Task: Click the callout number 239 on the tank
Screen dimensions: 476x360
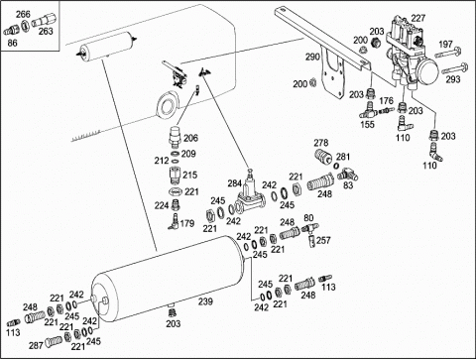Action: tap(205, 301)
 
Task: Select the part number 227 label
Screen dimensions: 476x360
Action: tap(418, 18)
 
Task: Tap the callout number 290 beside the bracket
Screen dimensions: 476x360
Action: tap(312, 57)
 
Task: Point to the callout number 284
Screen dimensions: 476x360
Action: tap(235, 182)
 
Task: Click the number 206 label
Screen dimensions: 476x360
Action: tap(190, 138)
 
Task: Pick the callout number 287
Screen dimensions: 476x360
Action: tap(36, 345)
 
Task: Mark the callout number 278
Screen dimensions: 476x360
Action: tap(321, 143)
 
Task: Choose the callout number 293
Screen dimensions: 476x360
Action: tap(453, 79)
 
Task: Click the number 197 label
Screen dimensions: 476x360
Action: tap(445, 44)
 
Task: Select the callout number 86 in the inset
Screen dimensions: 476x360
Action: tap(12, 43)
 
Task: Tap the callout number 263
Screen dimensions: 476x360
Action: tap(46, 31)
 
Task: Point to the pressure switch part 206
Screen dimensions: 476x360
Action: tap(175, 137)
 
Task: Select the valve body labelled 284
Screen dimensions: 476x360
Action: tap(249, 195)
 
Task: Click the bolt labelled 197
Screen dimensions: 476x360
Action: tap(449, 53)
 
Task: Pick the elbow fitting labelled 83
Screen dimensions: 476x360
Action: tap(346, 174)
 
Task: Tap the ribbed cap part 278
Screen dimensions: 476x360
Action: tap(322, 156)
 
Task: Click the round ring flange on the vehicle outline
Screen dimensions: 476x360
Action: tap(167, 104)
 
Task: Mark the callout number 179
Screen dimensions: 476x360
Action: tap(187, 223)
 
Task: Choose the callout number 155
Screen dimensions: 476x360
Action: tap(368, 124)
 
